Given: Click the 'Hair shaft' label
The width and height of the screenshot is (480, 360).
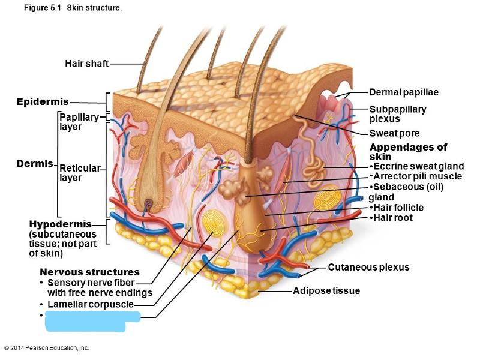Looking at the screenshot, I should pos(87,64).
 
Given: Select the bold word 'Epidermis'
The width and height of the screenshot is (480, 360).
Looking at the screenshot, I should pos(43,101).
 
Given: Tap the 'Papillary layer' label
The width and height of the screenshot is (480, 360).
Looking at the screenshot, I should pos(78,122).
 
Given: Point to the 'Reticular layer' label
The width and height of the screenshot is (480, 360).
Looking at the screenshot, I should pos(79,172).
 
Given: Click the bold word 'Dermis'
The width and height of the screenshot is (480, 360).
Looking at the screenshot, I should pos(34,164).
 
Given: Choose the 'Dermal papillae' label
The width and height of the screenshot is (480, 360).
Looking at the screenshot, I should pos(403,92).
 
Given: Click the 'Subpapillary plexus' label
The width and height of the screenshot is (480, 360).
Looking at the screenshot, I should pos(397,114).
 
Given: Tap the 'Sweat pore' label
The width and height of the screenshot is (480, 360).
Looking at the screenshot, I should pos(394,133).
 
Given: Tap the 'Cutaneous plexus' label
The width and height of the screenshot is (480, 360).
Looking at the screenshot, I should pos(368,267).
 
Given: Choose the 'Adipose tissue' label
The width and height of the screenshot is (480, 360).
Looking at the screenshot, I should pos(326,291).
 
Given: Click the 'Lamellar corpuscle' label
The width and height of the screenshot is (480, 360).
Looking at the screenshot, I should pos(98,304).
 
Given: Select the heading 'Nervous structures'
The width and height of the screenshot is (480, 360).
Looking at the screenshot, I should pos(89,272).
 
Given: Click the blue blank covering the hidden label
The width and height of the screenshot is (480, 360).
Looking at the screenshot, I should pos(91,320).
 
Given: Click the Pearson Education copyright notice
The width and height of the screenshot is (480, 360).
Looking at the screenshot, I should pos(46,348).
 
